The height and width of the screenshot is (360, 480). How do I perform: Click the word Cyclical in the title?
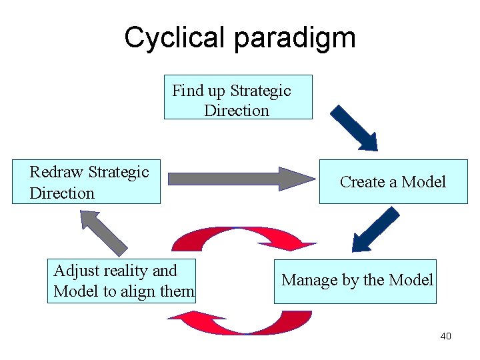point(175,38)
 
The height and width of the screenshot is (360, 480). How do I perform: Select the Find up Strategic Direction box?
point(238,97)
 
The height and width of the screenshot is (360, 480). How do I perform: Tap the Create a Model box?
point(393,181)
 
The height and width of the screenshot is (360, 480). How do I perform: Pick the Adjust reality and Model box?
point(122,281)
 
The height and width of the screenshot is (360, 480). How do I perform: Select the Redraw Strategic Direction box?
point(86,181)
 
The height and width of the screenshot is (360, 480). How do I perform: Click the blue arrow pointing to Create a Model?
point(354,127)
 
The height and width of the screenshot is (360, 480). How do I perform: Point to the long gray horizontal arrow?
point(240,179)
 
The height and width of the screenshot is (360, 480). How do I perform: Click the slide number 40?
point(445,336)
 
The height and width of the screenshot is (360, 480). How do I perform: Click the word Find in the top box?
point(187,91)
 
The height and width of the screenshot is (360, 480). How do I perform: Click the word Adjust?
point(75,271)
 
